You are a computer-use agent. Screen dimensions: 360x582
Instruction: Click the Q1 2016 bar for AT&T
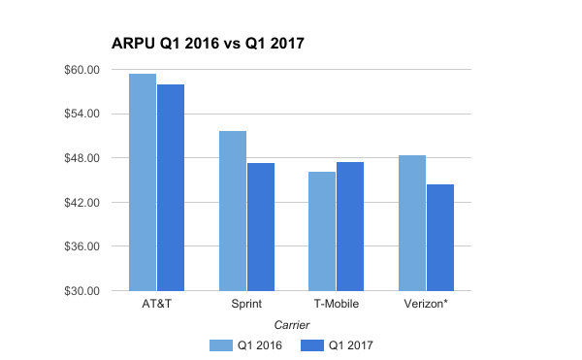[143, 182]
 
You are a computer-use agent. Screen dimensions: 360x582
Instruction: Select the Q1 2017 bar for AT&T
[171, 187]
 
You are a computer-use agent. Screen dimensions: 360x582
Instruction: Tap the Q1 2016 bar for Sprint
[233, 211]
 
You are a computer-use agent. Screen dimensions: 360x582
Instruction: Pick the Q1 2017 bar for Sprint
[261, 227]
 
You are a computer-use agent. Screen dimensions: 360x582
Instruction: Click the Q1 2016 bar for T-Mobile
[322, 231]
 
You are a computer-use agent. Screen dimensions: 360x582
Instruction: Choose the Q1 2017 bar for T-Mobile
[350, 226]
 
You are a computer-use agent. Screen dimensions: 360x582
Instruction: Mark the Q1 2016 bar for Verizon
[412, 223]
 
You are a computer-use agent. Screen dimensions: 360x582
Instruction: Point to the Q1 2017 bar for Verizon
[440, 238]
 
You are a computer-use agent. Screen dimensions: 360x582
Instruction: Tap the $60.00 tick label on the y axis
[81, 70]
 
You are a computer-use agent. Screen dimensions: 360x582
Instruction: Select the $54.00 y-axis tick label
[81, 115]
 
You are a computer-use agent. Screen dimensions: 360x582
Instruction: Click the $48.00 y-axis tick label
[81, 158]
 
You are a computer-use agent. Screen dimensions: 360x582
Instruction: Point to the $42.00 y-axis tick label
[81, 203]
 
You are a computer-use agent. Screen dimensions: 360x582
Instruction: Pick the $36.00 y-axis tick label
[81, 246]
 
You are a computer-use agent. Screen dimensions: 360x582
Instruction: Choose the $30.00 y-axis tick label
[81, 291]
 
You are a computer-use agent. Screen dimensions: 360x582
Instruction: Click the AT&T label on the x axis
[156, 305]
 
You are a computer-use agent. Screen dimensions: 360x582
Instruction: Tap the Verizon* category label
[427, 305]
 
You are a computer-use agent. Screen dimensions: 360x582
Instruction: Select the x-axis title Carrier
[291, 324]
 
